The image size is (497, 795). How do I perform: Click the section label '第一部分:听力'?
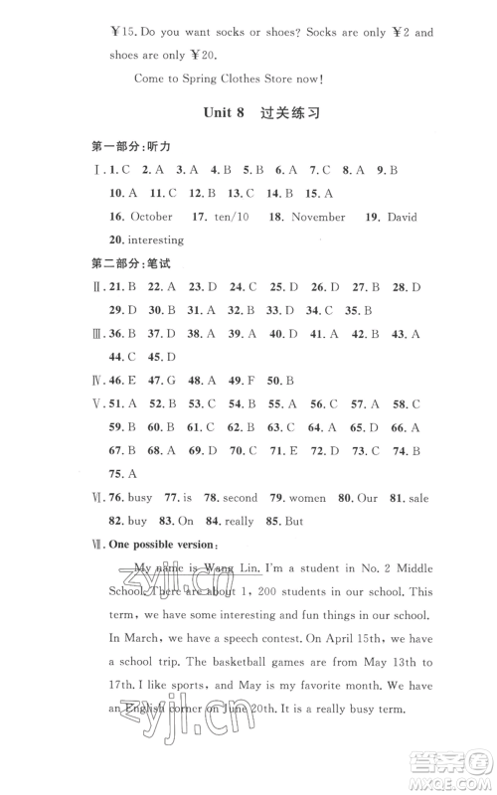click(117, 147)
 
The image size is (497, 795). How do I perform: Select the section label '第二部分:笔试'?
click(117, 264)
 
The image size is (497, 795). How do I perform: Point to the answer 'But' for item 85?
click(292, 522)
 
